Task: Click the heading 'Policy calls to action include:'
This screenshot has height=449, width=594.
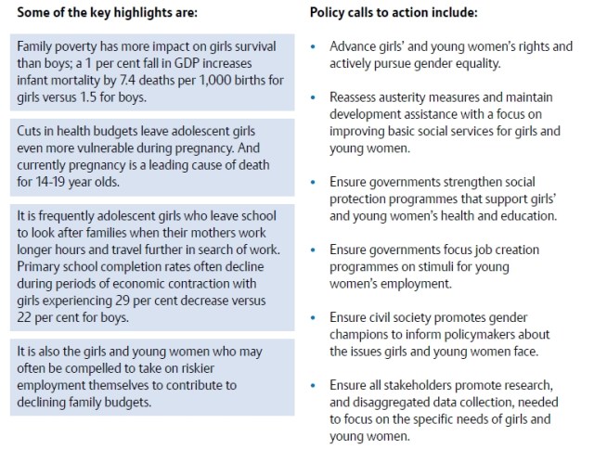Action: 394,14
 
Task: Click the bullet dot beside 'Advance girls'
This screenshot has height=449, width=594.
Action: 316,46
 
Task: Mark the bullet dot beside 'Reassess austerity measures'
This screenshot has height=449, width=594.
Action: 316,96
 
